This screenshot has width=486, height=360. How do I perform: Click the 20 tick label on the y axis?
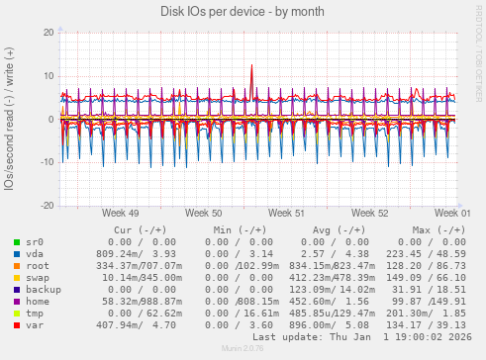pyautogui.click(x=48, y=33)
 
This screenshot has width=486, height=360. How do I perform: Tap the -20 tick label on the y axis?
pyautogui.click(x=46, y=206)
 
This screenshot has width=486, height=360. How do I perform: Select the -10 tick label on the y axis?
pyautogui.click(x=46, y=162)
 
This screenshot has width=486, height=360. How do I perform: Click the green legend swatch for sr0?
pyautogui.click(x=17, y=241)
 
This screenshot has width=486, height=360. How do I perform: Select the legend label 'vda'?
pyautogui.click(x=35, y=253)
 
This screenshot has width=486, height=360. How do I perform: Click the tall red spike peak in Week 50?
pyautogui.click(x=251, y=66)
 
